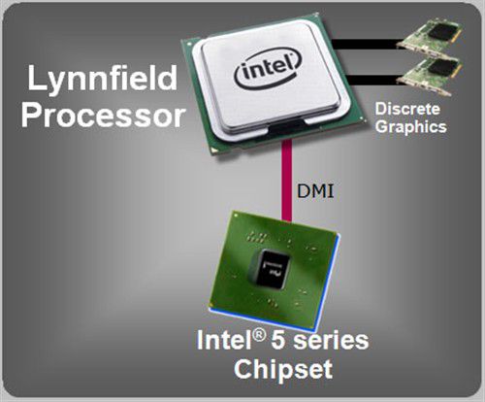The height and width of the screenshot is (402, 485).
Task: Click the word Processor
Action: point(104,116)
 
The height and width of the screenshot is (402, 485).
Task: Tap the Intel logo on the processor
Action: point(268,68)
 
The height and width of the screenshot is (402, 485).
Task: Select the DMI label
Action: point(315,191)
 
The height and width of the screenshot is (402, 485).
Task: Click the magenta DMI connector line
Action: point(286,181)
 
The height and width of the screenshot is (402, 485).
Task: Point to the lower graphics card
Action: point(428,76)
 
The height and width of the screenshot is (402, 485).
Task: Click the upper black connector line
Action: point(366,44)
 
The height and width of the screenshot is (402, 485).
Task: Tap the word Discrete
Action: point(407,109)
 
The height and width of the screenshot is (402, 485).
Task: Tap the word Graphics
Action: point(411,126)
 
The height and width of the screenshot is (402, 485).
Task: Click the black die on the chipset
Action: point(269,268)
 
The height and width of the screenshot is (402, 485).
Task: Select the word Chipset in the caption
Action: point(283,369)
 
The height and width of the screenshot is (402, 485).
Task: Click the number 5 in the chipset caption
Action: point(278,340)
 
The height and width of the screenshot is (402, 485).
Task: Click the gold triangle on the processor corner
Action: point(213,150)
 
